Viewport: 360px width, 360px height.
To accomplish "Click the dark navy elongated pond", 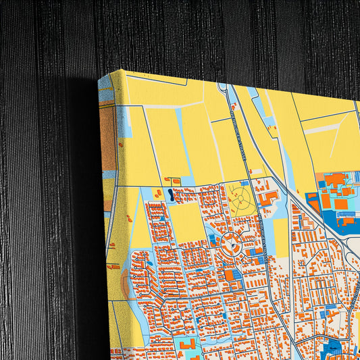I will coord(170,195).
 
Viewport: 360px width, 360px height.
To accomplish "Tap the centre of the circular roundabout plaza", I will coord(230,247).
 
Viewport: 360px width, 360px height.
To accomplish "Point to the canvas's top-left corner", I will coord(122,71).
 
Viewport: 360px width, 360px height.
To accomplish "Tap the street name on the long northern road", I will coord(240,128).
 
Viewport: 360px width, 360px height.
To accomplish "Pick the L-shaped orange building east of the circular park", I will coord(270,197).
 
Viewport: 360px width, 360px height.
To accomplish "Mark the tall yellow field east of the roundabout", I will coord(281,236).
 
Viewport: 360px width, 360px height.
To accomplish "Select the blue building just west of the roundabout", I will coord(213,240).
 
